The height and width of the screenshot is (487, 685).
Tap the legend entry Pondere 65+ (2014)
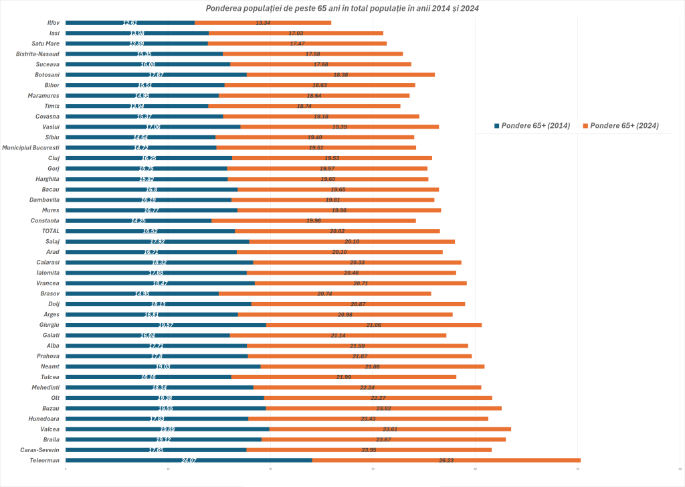(532, 126)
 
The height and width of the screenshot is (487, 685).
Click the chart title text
(342, 8)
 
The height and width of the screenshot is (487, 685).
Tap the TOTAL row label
(51, 231)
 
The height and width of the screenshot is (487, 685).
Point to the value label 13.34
(263, 23)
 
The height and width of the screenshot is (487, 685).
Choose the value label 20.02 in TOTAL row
(337, 231)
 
